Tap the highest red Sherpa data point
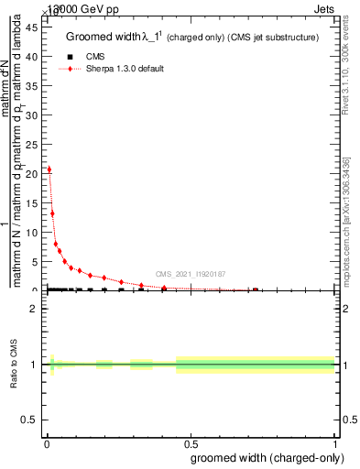[49, 169]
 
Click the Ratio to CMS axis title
[15, 365]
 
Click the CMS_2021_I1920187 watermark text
[190, 274]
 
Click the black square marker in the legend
[71, 57]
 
